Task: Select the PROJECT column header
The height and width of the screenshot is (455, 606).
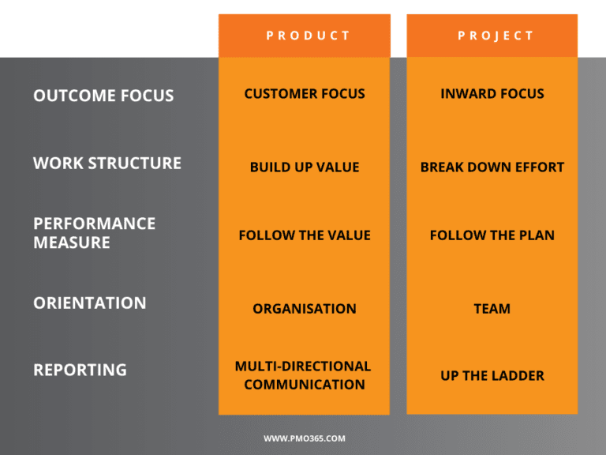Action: point(492,36)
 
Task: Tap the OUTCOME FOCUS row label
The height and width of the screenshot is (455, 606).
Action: point(103,96)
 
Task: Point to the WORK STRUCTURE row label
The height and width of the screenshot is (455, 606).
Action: point(107,164)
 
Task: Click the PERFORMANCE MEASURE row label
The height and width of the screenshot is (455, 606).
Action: point(95,233)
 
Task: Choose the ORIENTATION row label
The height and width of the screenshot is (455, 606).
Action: point(90,303)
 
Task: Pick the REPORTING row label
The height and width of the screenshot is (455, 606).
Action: point(80,370)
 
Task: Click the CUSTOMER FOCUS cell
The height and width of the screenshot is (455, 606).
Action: point(304,94)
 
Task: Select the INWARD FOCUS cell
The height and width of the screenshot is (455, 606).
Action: point(492,94)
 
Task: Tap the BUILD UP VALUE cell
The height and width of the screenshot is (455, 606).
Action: point(304,167)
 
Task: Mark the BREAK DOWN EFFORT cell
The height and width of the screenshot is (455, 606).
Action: point(492,167)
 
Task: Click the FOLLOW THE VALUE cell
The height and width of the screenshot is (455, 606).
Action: point(304,235)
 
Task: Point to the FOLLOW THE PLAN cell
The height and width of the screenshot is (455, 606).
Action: point(492,235)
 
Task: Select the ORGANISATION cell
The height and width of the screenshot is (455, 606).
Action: point(304,309)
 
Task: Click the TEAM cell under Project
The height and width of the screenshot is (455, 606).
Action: point(492,309)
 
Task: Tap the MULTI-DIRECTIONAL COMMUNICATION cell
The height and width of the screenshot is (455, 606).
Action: point(304,375)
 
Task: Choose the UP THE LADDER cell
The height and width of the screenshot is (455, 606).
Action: point(492,376)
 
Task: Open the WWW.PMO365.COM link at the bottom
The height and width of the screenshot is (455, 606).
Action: point(304,438)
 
